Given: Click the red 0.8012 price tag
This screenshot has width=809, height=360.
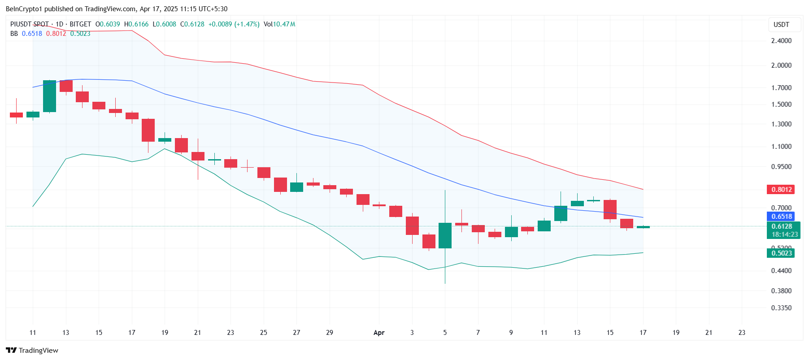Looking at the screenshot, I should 781,190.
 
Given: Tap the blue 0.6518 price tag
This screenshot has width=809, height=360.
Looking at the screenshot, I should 781,217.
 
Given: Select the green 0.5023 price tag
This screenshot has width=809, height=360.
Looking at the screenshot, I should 781,253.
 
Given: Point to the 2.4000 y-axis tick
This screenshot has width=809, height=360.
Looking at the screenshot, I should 781,41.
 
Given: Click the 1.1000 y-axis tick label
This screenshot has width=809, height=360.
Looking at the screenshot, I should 781,147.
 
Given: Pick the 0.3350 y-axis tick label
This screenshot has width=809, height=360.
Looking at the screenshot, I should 781,308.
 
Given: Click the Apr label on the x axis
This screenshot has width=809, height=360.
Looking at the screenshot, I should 379,333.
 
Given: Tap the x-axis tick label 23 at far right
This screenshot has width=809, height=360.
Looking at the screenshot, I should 742,333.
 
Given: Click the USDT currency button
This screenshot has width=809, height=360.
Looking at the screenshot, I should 781,25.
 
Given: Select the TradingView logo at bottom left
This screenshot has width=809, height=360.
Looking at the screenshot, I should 32,350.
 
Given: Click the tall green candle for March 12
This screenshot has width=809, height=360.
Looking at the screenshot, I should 49,96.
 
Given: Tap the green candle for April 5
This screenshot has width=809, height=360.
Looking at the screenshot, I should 445,235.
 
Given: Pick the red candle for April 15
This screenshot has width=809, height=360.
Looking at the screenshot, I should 610,209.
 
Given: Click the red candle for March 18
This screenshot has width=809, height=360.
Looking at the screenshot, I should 148,130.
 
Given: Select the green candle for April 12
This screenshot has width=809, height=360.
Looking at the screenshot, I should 561,213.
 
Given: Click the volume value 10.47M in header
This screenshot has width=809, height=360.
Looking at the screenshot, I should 284,24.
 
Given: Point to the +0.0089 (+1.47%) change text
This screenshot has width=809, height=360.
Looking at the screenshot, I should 234,24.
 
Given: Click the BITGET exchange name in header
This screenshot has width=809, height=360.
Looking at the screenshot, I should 80,24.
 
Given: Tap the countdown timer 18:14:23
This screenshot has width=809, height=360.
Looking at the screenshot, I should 784,234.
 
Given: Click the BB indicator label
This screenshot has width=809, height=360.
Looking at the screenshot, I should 14,34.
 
